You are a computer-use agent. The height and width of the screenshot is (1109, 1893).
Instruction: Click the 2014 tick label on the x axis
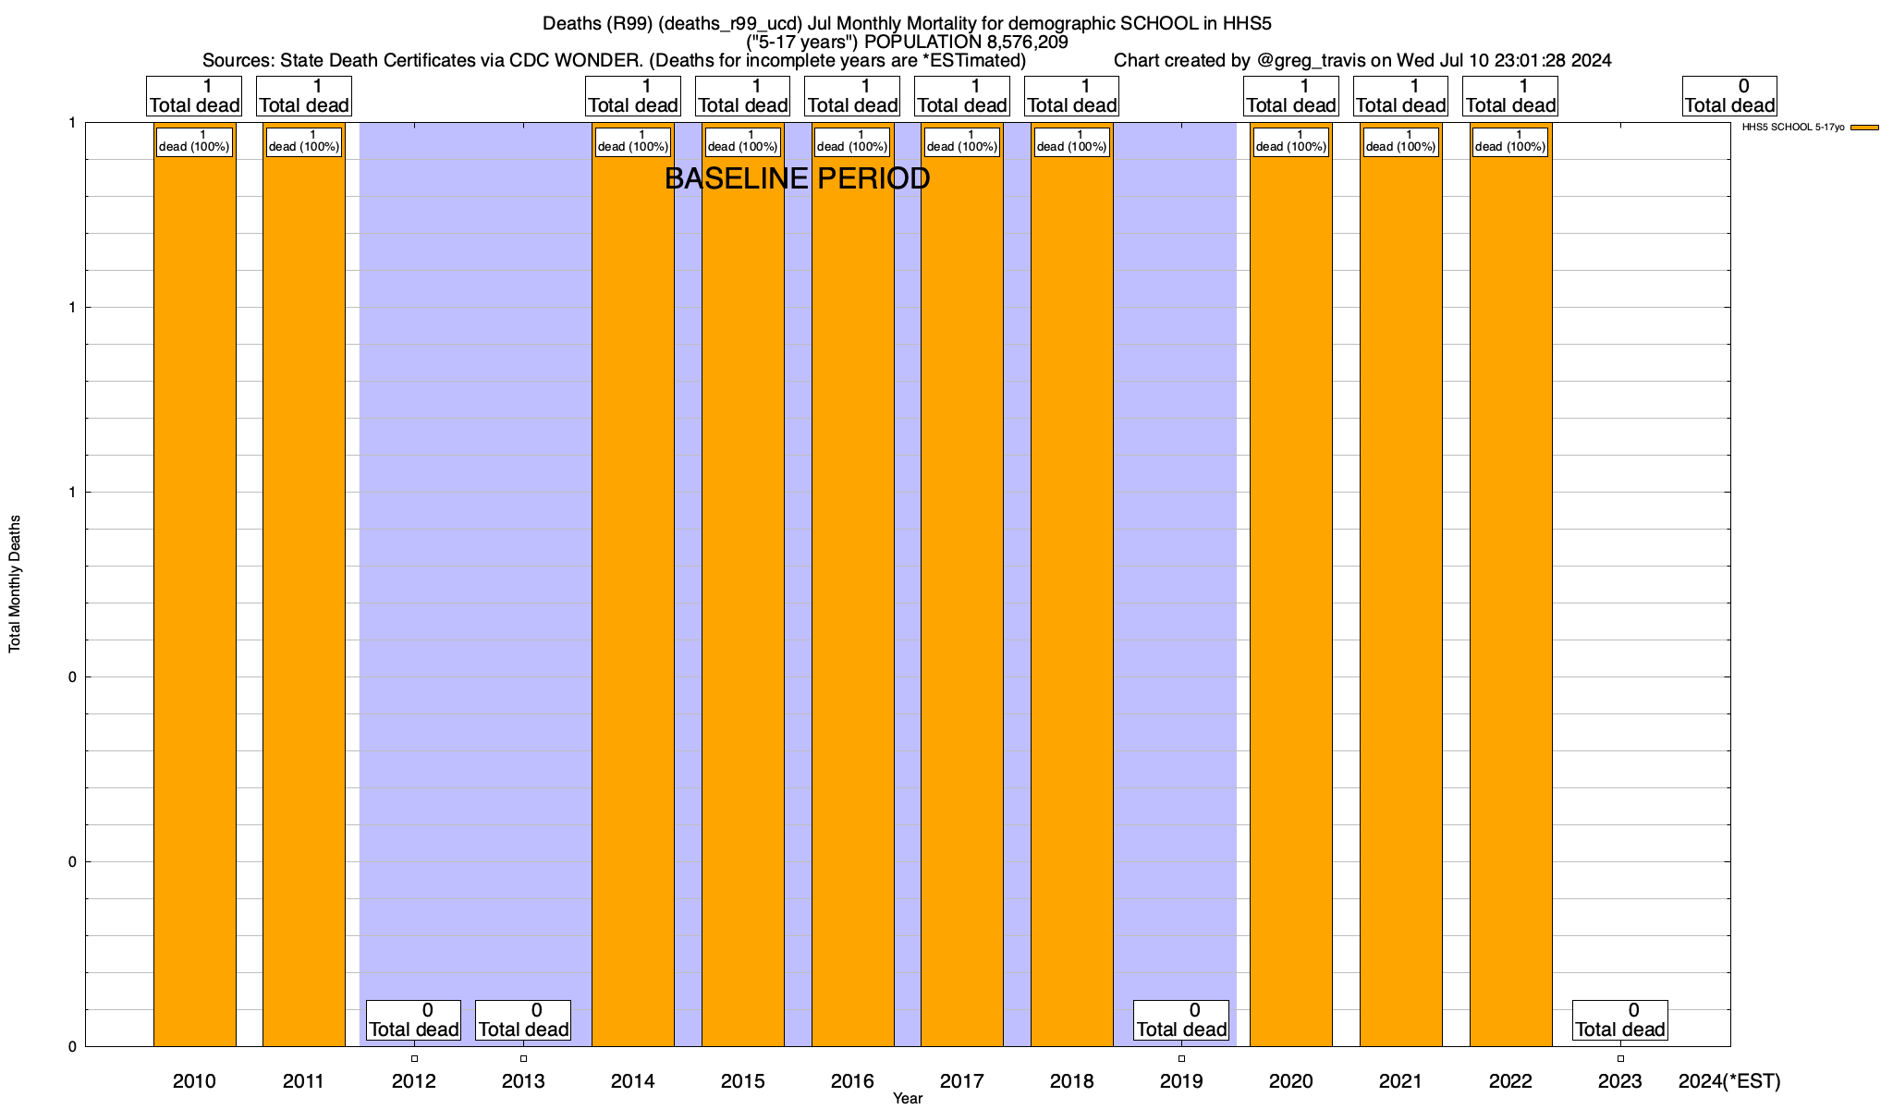click(633, 1081)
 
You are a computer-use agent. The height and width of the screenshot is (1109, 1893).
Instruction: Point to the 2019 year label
click(1181, 1081)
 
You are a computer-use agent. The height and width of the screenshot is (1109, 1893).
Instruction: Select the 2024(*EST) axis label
click(1728, 1081)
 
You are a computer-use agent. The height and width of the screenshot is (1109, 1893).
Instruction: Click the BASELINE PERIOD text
click(797, 179)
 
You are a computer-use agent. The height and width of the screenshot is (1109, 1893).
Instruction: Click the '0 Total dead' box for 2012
click(413, 1019)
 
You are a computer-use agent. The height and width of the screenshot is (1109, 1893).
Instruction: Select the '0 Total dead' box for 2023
click(1619, 1019)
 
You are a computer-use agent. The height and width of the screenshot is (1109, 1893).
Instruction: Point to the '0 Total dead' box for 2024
click(1728, 95)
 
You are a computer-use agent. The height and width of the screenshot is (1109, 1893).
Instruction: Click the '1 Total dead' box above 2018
click(1071, 95)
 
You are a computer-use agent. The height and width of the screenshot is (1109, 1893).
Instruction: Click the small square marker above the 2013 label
click(523, 1058)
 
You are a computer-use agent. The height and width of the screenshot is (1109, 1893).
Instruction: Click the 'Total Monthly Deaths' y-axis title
click(15, 584)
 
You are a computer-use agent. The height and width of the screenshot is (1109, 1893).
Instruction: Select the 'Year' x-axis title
click(908, 1099)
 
